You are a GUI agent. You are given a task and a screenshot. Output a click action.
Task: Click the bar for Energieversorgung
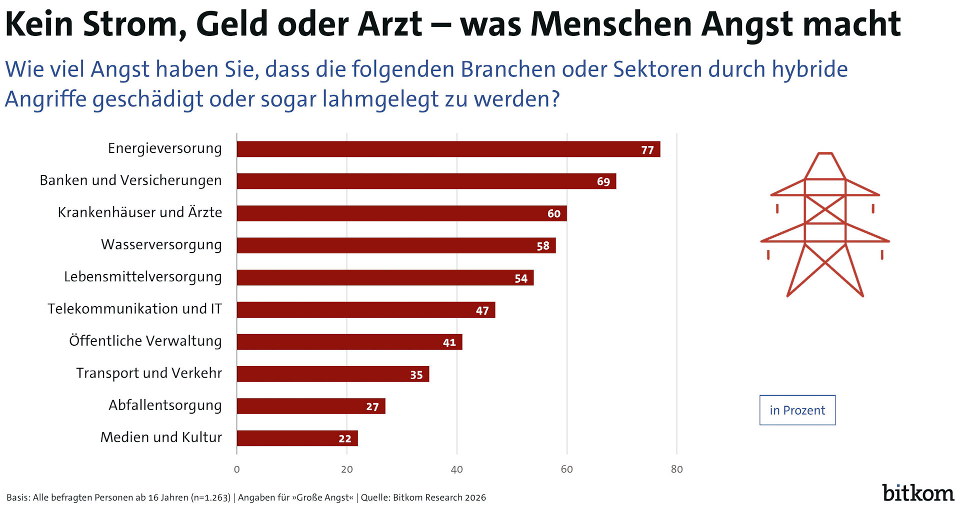[x=448, y=149]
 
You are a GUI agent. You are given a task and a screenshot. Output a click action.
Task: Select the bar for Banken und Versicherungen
[x=426, y=181]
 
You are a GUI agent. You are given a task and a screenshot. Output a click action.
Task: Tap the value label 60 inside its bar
[x=553, y=214]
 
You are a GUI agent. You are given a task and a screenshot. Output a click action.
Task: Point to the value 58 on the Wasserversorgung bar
[x=542, y=246]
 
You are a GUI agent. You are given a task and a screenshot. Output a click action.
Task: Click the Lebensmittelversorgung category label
[x=142, y=277]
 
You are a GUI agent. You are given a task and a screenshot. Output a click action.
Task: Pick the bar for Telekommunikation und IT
[x=365, y=310]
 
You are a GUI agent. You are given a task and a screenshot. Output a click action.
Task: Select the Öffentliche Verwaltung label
[x=145, y=341]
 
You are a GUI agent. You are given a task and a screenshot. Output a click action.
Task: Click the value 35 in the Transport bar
[x=416, y=375]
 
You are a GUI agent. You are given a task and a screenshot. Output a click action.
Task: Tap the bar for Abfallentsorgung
[x=310, y=406]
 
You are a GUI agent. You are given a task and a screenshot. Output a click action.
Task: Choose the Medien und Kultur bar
[x=297, y=438]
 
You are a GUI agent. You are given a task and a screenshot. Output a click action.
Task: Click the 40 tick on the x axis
[x=456, y=469]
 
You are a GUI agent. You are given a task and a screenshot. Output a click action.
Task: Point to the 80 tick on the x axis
[x=676, y=469]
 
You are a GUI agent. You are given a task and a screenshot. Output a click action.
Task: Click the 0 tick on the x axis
[x=236, y=469]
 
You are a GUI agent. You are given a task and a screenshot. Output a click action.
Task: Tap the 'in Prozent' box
[x=797, y=410]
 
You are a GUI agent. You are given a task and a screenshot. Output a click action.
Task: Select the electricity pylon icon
[x=825, y=225]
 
